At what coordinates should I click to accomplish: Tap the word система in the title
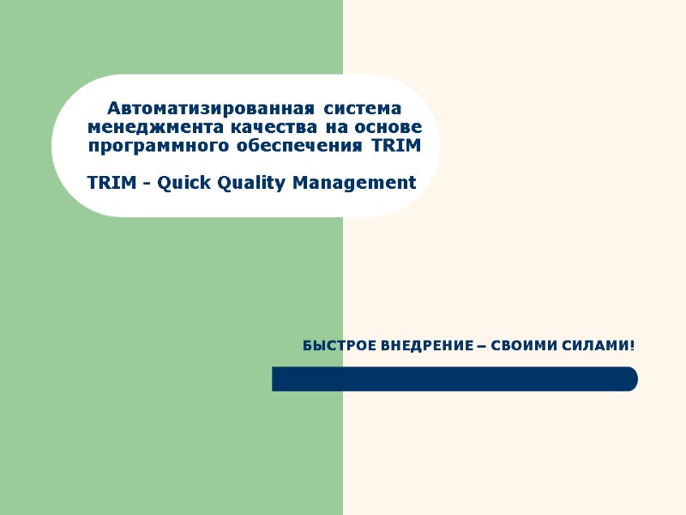tap(364, 109)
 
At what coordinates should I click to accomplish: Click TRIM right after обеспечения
tap(397, 146)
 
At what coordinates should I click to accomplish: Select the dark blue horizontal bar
tap(454, 379)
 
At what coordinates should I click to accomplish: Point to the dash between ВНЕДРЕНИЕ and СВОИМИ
tap(480, 347)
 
